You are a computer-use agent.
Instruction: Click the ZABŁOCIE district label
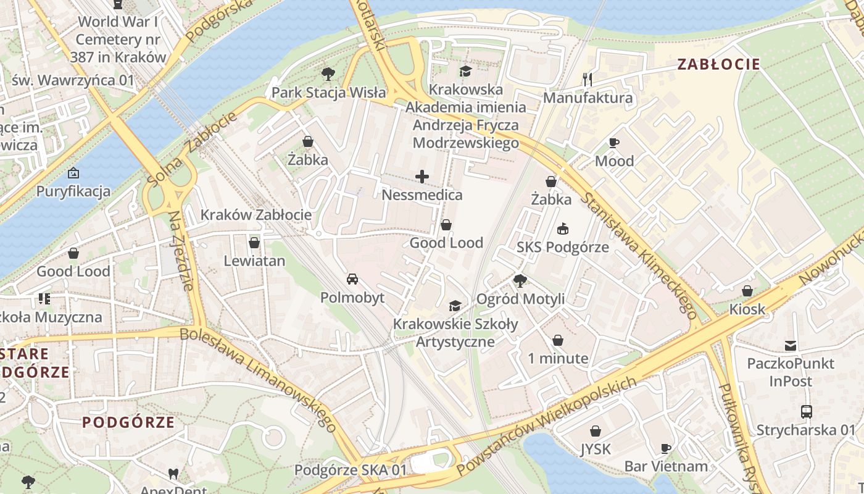click(718, 64)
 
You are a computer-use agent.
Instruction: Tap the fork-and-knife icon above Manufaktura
click(588, 79)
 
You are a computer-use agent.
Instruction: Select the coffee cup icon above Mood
click(614, 143)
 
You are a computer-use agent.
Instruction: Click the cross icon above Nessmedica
click(422, 177)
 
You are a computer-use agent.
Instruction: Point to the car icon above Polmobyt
click(352, 279)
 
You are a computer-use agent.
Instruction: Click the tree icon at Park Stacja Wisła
click(328, 75)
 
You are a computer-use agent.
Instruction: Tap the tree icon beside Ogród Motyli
click(520, 281)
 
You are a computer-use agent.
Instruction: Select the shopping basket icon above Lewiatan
click(254, 243)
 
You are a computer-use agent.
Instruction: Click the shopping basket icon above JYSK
click(596, 431)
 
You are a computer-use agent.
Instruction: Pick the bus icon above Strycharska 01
click(806, 412)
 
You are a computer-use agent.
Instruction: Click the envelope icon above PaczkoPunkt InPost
click(791, 345)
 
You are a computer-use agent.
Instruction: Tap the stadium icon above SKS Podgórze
click(563, 229)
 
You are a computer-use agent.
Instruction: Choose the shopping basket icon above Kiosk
click(747, 291)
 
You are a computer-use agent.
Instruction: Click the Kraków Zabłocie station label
click(255, 215)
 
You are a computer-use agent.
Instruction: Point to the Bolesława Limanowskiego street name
click(259, 380)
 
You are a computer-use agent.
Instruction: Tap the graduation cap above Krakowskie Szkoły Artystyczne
click(455, 306)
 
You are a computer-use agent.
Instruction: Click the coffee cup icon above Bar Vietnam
click(666, 448)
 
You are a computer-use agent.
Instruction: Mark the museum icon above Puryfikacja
click(73, 173)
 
